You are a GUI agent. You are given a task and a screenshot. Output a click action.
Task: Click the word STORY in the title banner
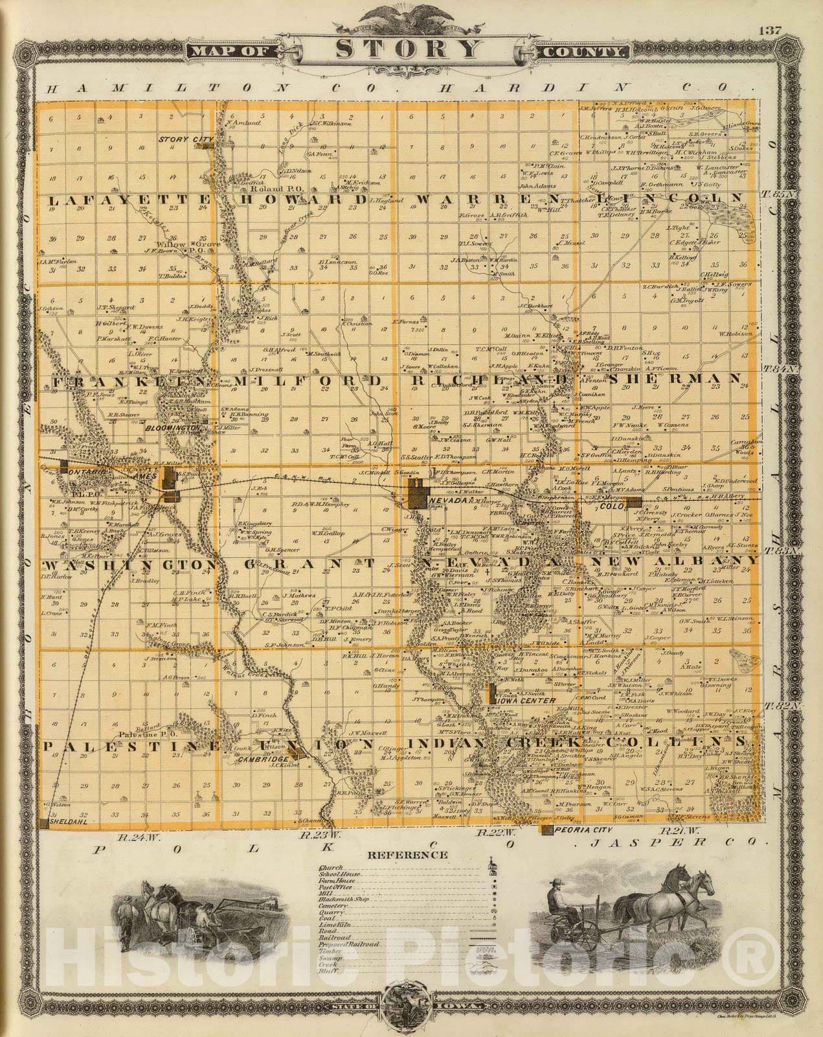click(409, 49)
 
